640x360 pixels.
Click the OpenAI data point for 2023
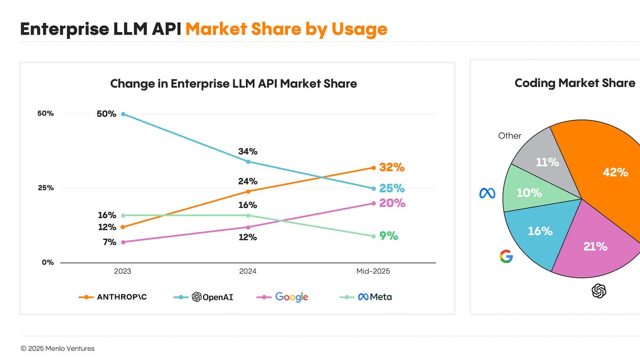(x=123, y=114)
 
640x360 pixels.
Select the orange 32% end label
(x=391, y=167)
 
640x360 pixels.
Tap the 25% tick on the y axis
(x=46, y=188)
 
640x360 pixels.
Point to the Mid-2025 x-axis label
(x=373, y=271)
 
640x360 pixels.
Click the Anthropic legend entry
(x=113, y=297)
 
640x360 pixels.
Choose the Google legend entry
(x=282, y=297)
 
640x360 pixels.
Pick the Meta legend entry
(x=365, y=297)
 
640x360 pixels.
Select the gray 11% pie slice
(x=545, y=162)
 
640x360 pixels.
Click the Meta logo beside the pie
(x=487, y=194)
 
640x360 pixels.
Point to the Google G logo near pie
(x=506, y=257)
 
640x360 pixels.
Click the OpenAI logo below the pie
(x=599, y=291)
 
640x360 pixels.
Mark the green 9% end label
(x=389, y=236)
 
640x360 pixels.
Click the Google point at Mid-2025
(x=374, y=203)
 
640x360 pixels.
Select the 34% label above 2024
(x=247, y=151)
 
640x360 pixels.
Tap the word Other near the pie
(x=510, y=135)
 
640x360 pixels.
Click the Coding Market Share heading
(x=575, y=83)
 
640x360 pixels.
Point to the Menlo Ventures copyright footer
(x=58, y=349)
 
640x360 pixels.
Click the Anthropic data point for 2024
(x=248, y=191)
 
